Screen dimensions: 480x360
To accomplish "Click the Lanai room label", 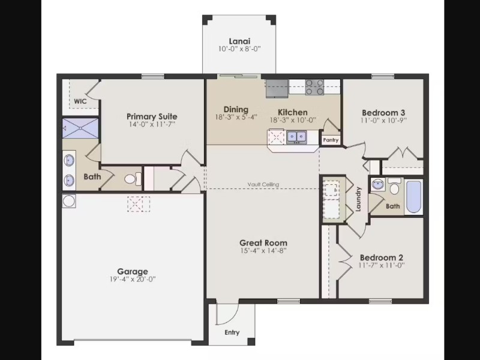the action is [x=239, y=41].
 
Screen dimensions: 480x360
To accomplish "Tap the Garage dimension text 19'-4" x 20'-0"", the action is [x=133, y=279].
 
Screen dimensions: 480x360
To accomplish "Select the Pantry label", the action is [x=331, y=140].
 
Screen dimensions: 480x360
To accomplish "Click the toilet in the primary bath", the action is [x=133, y=179].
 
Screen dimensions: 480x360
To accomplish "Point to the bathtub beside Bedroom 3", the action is [x=413, y=197].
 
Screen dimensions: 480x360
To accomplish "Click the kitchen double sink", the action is [x=296, y=136].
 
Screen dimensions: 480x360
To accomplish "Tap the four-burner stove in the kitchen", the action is [x=314, y=87].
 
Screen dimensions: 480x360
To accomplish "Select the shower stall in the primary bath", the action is [x=80, y=128].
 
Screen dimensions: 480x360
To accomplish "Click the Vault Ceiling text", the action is [x=263, y=184].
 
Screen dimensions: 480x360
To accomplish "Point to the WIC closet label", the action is [x=80, y=101].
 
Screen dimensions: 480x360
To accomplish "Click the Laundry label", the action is [x=358, y=199].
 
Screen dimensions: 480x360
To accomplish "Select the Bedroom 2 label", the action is [x=382, y=257].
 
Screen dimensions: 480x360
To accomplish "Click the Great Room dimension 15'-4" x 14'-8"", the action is [x=263, y=251].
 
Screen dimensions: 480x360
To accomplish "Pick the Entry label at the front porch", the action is [x=232, y=332].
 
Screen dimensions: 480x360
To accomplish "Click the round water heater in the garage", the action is [x=69, y=201].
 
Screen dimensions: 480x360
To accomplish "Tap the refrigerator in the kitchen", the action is [x=277, y=88].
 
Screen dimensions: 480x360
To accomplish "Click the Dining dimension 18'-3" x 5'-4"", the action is [x=236, y=117].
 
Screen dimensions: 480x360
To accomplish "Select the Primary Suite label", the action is [x=152, y=116].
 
